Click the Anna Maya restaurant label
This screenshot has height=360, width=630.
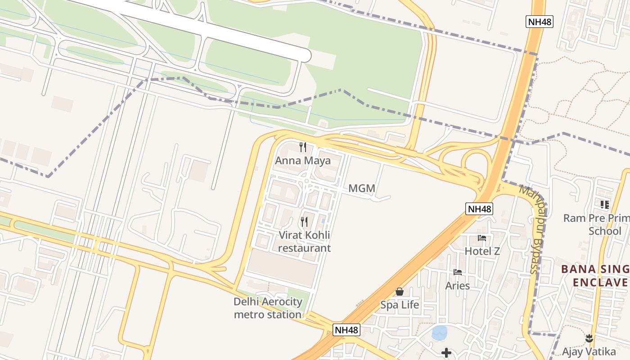(x=303, y=161)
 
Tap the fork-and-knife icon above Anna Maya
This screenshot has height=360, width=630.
(x=303, y=147)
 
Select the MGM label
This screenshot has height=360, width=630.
(x=362, y=189)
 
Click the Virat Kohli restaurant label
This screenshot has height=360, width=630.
(x=304, y=242)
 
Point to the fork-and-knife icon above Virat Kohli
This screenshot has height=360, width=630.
(x=304, y=221)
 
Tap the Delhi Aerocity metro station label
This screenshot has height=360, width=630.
(x=267, y=308)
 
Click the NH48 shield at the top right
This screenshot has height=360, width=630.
(x=539, y=22)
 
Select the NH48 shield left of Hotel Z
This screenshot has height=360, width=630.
(x=479, y=209)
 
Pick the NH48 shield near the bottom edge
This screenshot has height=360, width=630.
(x=347, y=330)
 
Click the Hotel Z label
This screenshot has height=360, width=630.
(x=482, y=251)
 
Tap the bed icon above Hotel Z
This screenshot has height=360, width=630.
(x=482, y=238)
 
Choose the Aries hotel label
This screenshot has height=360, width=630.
(x=458, y=286)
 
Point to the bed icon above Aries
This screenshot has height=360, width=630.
(x=458, y=272)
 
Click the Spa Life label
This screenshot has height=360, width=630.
(x=400, y=305)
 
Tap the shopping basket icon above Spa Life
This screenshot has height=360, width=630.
(x=400, y=292)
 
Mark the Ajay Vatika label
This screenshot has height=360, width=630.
(x=589, y=351)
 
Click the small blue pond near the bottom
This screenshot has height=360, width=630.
(x=440, y=333)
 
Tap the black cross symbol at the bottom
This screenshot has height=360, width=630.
(x=446, y=353)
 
